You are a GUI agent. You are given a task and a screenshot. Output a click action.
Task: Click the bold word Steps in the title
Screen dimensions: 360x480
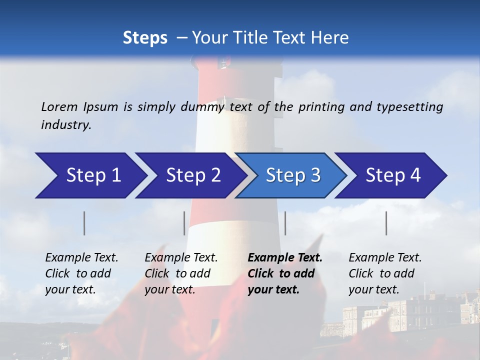click(x=145, y=38)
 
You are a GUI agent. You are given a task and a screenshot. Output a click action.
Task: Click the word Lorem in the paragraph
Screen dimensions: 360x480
click(x=59, y=107)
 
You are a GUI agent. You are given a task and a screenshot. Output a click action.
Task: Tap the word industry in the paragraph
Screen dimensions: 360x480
click(x=65, y=124)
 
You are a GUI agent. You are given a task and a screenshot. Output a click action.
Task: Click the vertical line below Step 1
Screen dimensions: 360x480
click(x=84, y=223)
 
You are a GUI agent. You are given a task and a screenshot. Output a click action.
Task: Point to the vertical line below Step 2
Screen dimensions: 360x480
click(x=184, y=223)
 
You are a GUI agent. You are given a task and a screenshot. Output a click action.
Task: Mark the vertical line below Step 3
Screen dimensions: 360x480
click(x=285, y=223)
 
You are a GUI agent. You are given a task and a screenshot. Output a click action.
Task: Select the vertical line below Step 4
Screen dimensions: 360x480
click(x=386, y=223)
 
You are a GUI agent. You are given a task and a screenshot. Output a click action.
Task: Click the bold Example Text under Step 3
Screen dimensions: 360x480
click(x=285, y=258)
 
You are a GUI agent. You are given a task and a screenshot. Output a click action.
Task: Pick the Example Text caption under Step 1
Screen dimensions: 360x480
click(x=81, y=258)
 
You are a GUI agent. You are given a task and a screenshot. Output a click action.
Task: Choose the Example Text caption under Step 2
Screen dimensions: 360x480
click(x=181, y=258)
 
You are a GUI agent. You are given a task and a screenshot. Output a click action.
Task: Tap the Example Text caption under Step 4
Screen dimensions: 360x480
click(x=385, y=258)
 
